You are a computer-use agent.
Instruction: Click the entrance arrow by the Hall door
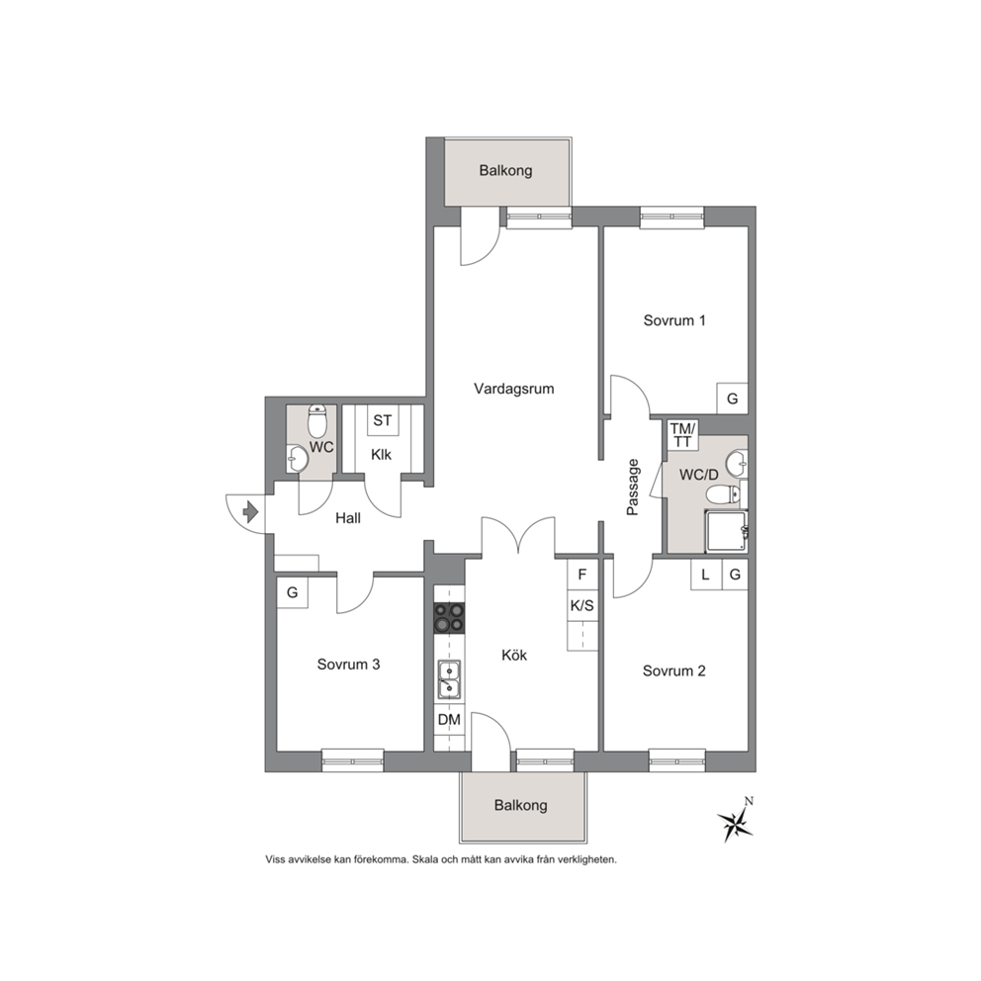pyautogui.click(x=251, y=512)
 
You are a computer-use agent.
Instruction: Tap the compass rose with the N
pyautogui.click(x=736, y=821)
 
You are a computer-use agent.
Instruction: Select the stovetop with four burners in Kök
pyautogui.click(x=449, y=616)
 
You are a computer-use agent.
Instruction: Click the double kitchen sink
pyautogui.click(x=449, y=679)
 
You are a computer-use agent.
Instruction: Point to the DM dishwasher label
pyautogui.click(x=449, y=720)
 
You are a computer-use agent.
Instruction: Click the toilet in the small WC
pyautogui.click(x=317, y=421)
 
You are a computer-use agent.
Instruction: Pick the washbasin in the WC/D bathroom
pyautogui.click(x=737, y=465)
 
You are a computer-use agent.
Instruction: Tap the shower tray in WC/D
pyautogui.click(x=727, y=532)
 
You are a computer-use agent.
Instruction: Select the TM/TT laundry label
pyautogui.click(x=682, y=435)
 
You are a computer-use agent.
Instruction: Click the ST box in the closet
pyautogui.click(x=383, y=420)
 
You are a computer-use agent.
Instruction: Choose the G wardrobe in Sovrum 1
pyautogui.click(x=732, y=399)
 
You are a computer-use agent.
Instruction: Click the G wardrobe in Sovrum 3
pyautogui.click(x=292, y=591)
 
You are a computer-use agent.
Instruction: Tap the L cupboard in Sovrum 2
pyautogui.click(x=706, y=575)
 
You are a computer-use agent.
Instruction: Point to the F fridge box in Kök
pyautogui.click(x=582, y=574)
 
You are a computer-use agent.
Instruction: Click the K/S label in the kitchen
pyautogui.click(x=582, y=605)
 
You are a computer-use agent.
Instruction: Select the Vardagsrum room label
pyautogui.click(x=513, y=389)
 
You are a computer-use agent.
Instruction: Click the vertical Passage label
pyautogui.click(x=633, y=488)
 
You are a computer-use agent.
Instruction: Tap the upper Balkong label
pyautogui.click(x=505, y=170)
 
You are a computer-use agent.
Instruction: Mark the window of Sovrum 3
pyautogui.click(x=353, y=760)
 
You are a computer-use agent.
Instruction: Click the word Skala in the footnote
pyautogui.click(x=425, y=859)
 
